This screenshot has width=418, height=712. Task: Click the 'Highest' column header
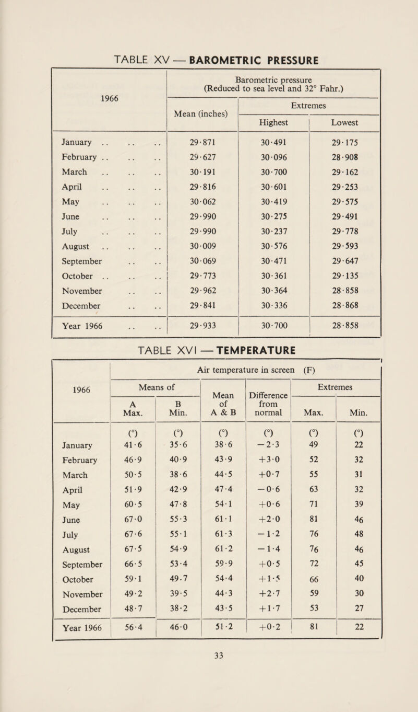[x=274, y=120]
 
